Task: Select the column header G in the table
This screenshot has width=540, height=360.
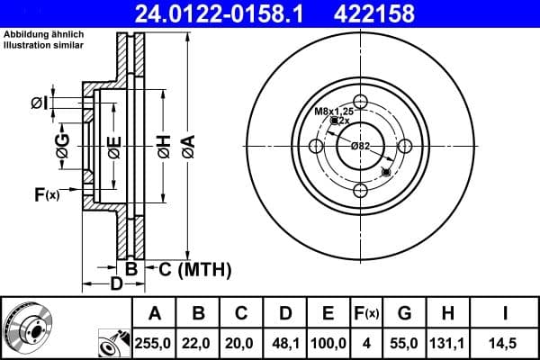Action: [404, 314]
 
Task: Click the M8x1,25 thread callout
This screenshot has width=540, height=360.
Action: [331, 111]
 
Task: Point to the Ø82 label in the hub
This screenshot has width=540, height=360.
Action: [361, 146]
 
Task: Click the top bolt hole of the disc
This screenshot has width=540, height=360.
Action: [361, 102]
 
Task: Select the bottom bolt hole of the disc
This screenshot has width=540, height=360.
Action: [361, 189]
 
